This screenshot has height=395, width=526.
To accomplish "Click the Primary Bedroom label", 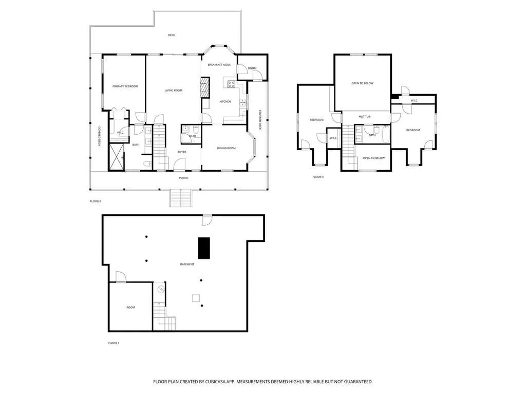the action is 125,86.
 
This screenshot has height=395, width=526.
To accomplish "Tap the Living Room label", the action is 174,91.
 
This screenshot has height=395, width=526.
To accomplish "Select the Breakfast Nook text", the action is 219,65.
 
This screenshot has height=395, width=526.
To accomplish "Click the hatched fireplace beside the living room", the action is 204,87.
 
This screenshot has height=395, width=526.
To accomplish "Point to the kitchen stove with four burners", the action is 232,84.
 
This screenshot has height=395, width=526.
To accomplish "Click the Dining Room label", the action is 227,148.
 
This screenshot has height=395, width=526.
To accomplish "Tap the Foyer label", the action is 182,152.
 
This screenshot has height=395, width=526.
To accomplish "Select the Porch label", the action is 183,178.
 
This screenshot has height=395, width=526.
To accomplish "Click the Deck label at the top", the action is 172,35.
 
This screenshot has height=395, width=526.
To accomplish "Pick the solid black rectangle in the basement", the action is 204,248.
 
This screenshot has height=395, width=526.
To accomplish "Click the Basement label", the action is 187,264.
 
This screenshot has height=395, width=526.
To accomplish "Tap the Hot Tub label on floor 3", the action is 365,117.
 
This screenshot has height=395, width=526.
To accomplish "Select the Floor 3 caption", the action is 318,177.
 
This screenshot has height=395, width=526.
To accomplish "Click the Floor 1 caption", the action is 114,343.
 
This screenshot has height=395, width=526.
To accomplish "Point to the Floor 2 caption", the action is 95,201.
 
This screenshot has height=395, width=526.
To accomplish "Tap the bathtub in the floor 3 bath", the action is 386,134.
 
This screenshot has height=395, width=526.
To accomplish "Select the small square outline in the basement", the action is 196,298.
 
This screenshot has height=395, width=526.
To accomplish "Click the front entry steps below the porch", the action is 181,198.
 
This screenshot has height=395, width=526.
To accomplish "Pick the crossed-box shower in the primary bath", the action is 117,157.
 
